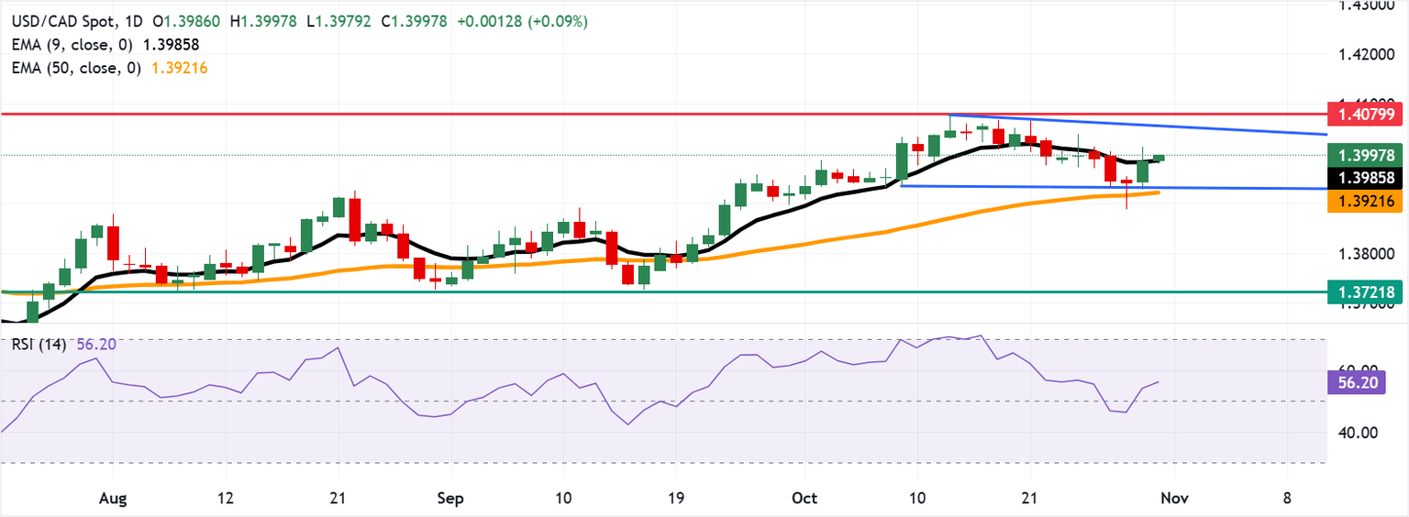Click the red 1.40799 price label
(x=1366, y=115)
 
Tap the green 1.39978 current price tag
(x=1366, y=156)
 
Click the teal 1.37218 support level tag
(x=1366, y=291)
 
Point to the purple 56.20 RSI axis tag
(x=1359, y=382)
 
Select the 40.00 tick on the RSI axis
(x=1353, y=433)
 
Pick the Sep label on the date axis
(x=450, y=498)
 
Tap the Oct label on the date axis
(x=804, y=498)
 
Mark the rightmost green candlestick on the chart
(x=1158, y=159)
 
